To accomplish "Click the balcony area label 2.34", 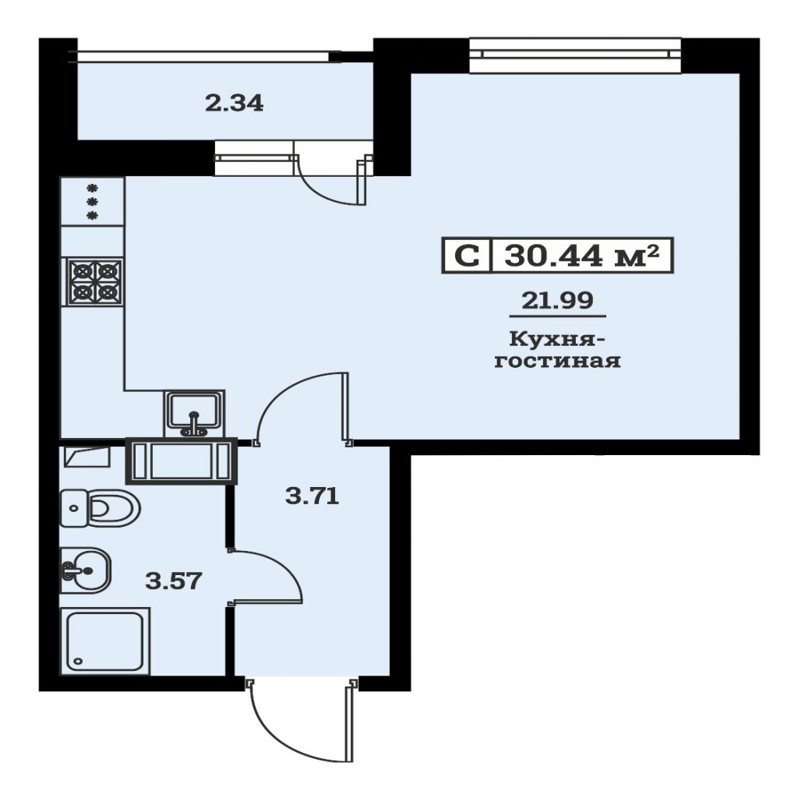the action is (x=234, y=104).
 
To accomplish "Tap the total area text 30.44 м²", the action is (x=581, y=256).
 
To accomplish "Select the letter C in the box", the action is (x=467, y=256).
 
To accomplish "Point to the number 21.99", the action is (x=557, y=300).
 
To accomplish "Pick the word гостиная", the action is (x=557, y=361).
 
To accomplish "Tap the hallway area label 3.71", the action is (x=312, y=496).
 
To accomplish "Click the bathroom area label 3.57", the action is (x=174, y=580).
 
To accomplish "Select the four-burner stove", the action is (x=95, y=281).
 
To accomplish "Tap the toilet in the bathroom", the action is (x=101, y=508).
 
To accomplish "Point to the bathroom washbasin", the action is (x=86, y=570).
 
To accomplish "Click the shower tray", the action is (x=105, y=641).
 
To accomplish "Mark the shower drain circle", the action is (x=78, y=662).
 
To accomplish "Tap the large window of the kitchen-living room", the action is (x=575, y=55).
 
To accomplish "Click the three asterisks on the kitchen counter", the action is (x=92, y=201).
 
